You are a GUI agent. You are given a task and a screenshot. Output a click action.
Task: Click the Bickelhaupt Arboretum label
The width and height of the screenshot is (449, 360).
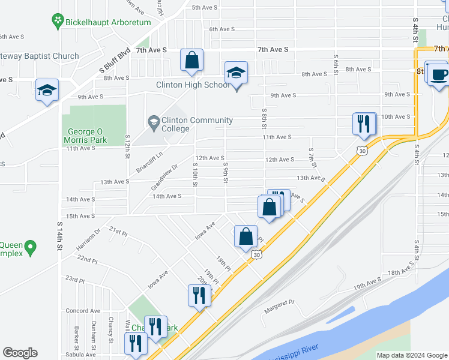tap(109, 22)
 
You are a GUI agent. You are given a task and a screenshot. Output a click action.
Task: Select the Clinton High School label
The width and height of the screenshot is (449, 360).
tap(193, 85)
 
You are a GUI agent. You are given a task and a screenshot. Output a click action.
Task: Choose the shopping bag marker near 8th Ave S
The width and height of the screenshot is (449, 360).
tap(191, 61)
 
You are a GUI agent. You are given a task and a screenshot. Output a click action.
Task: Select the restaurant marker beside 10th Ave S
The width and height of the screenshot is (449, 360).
tap(364, 124)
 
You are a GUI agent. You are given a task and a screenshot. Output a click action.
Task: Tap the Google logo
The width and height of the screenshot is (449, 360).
tap(20, 352)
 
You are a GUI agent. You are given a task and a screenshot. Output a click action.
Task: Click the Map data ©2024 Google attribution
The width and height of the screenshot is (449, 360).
tap(412, 355)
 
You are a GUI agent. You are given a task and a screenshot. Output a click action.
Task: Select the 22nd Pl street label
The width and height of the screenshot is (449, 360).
tap(87, 260)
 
